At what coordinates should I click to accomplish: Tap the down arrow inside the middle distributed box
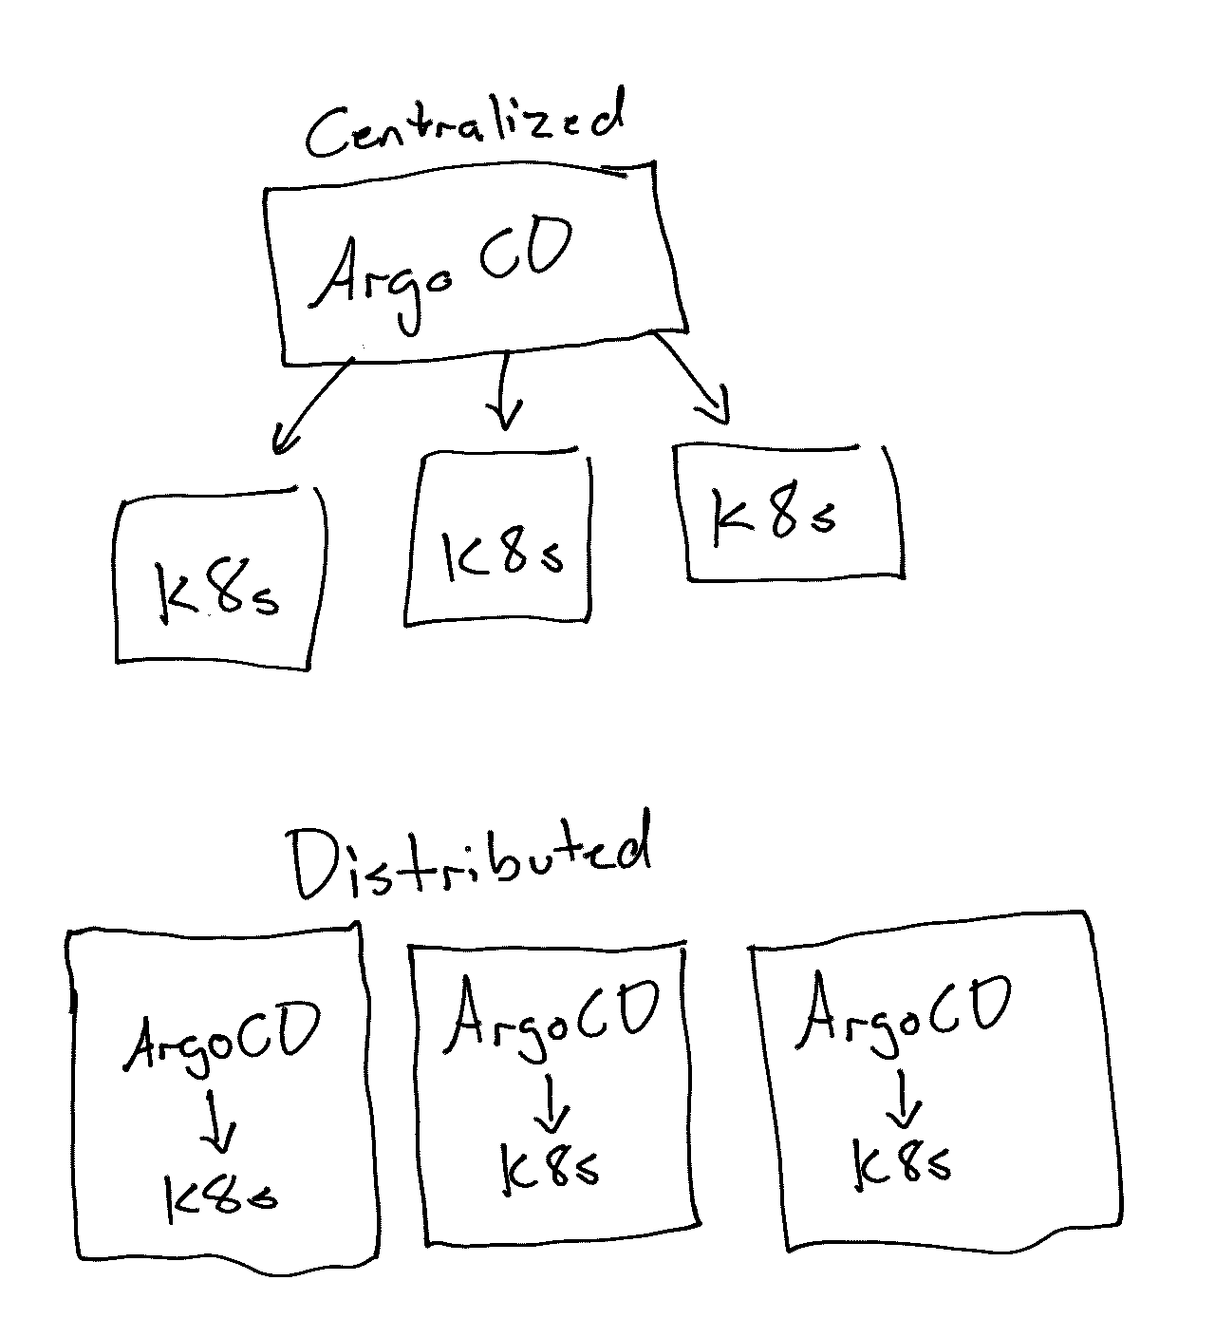[x=551, y=1102]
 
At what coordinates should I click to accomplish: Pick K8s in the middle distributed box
[x=550, y=1169]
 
